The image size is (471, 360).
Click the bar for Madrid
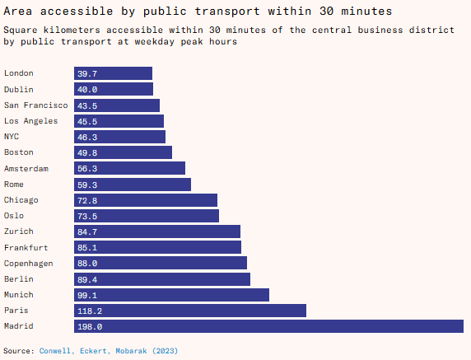(x=268, y=326)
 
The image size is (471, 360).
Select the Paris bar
(x=190, y=311)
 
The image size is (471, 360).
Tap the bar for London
(x=114, y=73)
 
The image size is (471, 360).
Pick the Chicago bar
(x=146, y=200)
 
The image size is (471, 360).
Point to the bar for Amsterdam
(x=130, y=168)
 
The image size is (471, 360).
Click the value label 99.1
(x=87, y=295)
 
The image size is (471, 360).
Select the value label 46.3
(x=87, y=137)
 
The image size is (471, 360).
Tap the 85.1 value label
(x=87, y=248)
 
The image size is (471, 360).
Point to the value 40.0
(x=87, y=89)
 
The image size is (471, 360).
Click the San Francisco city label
(x=35, y=105)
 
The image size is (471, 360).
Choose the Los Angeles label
(x=30, y=121)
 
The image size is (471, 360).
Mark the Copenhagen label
(x=28, y=264)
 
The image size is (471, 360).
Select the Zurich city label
(x=19, y=231)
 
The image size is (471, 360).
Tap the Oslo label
(x=13, y=216)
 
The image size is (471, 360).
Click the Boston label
(x=19, y=152)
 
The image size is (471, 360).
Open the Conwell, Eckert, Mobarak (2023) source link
(x=109, y=351)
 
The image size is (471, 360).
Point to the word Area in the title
(x=18, y=11)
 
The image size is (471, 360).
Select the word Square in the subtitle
(x=21, y=30)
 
